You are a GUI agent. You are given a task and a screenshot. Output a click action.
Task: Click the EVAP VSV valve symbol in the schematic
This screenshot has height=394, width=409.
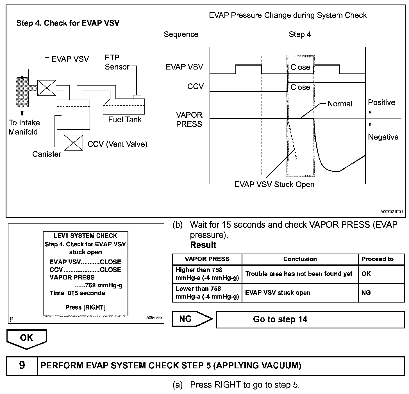47,88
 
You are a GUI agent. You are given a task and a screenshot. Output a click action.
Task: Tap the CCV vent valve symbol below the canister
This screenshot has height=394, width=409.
73,143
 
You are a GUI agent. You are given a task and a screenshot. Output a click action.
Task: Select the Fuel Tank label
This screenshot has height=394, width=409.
125,120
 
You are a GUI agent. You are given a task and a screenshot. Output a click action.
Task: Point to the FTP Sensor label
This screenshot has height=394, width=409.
117,62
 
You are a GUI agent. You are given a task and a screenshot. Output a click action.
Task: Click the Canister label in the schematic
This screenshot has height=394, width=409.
47,154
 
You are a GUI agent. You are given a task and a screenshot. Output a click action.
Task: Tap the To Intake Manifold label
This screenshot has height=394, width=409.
24,127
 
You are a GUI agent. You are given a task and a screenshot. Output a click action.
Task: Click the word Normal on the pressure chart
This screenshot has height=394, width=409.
340,104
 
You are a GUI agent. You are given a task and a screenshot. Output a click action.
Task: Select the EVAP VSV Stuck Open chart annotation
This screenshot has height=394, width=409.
274,185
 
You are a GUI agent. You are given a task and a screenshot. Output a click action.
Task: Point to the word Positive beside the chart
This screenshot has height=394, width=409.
381,102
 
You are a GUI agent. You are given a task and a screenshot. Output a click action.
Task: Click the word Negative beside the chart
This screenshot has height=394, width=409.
383,137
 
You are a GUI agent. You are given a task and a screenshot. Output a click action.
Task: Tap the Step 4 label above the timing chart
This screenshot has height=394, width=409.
300,35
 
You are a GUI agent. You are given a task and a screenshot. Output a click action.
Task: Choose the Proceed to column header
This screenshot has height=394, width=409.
377,259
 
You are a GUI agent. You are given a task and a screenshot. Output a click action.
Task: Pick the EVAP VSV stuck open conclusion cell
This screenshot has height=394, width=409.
278,293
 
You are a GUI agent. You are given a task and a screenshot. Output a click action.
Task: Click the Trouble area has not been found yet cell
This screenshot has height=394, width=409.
299,274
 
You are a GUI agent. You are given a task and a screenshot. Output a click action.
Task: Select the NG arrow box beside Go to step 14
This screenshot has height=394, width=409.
191,319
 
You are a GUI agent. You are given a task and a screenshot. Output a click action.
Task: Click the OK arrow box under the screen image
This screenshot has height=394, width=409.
26,338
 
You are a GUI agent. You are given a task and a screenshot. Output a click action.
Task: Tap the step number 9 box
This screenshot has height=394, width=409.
22,365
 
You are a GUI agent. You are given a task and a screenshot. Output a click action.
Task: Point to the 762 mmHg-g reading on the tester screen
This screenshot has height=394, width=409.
104,285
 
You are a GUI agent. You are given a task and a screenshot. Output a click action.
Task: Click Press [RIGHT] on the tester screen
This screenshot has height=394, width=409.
85,307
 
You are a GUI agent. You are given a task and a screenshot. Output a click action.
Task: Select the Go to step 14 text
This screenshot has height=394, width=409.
280,319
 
